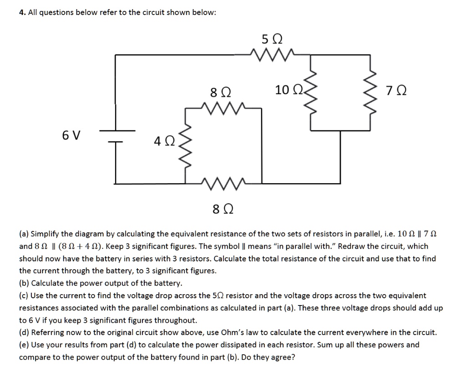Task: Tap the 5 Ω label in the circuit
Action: click(x=272, y=39)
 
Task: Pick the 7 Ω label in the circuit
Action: click(x=394, y=91)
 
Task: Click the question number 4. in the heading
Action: click(x=21, y=13)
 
